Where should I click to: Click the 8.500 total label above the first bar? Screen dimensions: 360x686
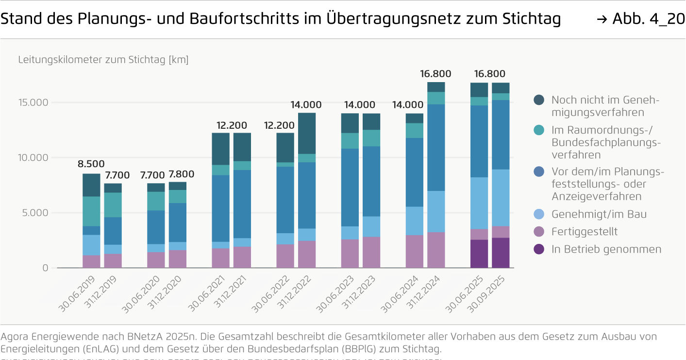coord(91,164)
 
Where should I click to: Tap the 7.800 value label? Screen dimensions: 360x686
coord(181,174)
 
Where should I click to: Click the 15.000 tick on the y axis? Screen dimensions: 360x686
coord(33,103)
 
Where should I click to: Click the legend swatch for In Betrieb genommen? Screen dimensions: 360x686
coord(539,249)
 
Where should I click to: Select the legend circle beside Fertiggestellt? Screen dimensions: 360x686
coord(539,232)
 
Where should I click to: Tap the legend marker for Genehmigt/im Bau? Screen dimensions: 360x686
coord(539,214)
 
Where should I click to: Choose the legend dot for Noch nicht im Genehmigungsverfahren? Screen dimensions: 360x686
coord(539,100)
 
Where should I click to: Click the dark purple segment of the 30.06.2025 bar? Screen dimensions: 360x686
coord(479,254)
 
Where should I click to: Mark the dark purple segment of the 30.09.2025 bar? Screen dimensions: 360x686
coord(501,253)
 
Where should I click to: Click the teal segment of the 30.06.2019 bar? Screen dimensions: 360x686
coord(91,211)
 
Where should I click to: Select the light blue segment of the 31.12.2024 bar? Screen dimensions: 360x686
coord(436,211)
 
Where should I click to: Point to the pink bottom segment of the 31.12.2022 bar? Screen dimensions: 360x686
coord(307,254)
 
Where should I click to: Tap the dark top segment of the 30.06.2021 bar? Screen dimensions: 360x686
coord(220,149)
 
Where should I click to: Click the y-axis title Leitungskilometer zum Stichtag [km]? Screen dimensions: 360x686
coord(103,60)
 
